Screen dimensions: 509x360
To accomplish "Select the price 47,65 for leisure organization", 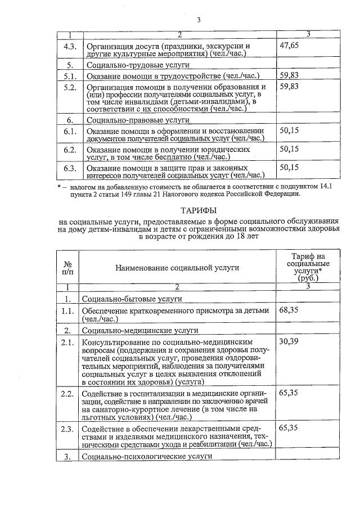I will pyautogui.click(x=289, y=45).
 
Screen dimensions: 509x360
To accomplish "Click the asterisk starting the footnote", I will pyautogui.click(x=59, y=186).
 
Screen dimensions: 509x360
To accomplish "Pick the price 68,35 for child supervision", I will pyautogui.click(x=289, y=310).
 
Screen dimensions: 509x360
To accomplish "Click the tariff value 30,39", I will pyautogui.click(x=289, y=341).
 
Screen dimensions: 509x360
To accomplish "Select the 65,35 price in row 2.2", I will pyautogui.click(x=289, y=393).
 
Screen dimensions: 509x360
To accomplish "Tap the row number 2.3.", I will pyautogui.click(x=67, y=429).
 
